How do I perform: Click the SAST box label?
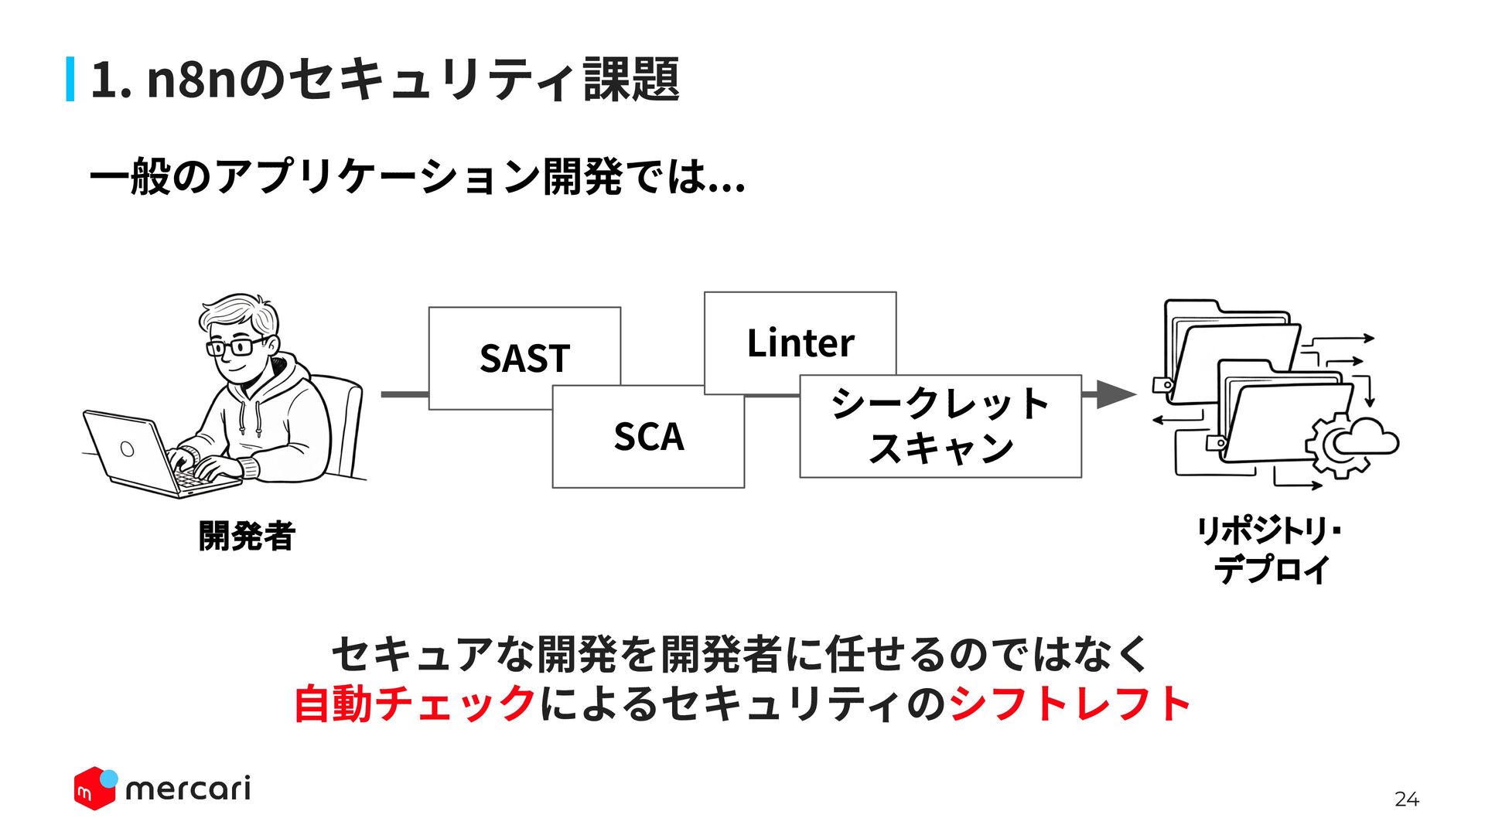point(524,358)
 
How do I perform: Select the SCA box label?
point(649,437)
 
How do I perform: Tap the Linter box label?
point(801,343)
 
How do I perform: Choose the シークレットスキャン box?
point(940,426)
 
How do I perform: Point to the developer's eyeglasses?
point(236,346)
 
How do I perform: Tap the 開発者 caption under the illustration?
point(247,536)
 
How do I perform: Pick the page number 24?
point(1407,799)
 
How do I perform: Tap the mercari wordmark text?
point(188,789)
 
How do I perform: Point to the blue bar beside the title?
point(70,79)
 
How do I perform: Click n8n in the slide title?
point(191,79)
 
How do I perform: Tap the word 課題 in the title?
point(631,79)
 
